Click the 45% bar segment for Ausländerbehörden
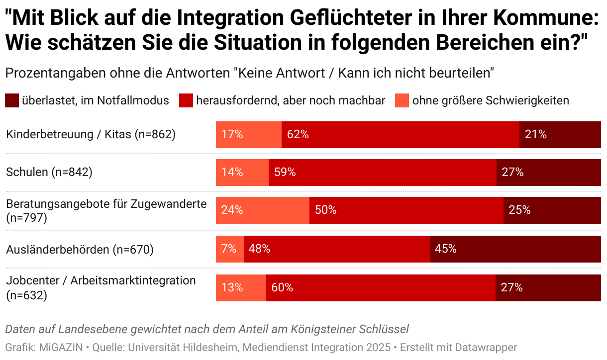tap(515, 249)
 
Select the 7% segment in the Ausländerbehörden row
tap(229, 249)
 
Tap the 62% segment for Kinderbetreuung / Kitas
tap(400, 134)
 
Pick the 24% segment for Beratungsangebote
tap(262, 210)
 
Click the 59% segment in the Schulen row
tap(382, 173)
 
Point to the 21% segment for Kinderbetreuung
tap(560, 134)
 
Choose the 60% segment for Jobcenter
tap(380, 287)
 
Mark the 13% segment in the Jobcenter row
tap(240, 287)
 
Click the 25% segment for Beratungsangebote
tap(552, 210)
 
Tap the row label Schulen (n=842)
tap(49, 173)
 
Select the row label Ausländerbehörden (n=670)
tap(80, 249)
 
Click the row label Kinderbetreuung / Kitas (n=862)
tap(91, 134)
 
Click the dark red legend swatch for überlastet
tap(12, 100)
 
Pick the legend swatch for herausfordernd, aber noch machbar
tap(186, 100)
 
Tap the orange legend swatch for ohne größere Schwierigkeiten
tap(402, 100)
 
